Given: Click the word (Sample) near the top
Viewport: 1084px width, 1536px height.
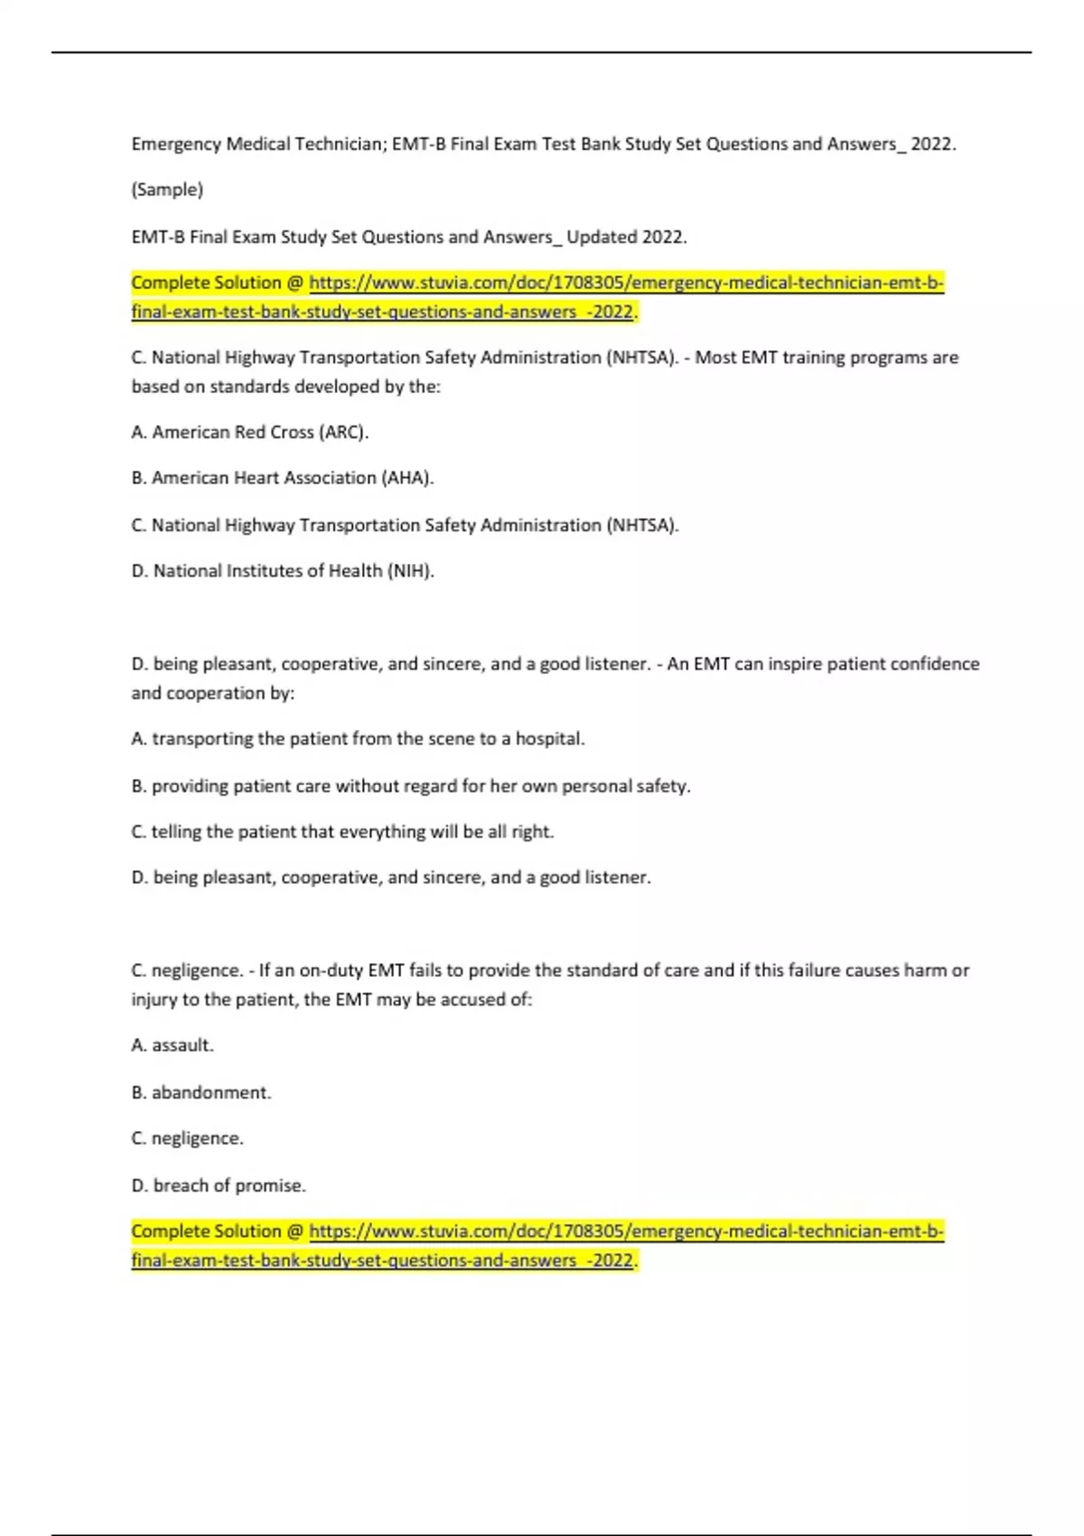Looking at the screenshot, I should tap(167, 190).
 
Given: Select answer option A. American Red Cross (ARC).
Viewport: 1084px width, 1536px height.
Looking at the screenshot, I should tap(250, 432).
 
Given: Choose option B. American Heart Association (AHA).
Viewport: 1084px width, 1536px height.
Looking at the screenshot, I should tap(283, 478).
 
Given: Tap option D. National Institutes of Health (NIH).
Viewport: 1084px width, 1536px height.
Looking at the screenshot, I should tap(283, 571).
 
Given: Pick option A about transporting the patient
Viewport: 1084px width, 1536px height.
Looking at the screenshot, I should tap(358, 739).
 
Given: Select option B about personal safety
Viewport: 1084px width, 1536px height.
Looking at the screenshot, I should tap(411, 786).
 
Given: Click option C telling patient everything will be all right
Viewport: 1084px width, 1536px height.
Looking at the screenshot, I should tap(342, 832).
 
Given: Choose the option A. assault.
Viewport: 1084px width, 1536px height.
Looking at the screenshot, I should tap(173, 1045).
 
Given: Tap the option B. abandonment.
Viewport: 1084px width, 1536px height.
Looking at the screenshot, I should tap(201, 1092).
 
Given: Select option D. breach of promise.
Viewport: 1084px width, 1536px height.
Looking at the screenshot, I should tap(219, 1185).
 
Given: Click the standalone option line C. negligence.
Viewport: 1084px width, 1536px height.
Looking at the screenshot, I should tap(188, 1138).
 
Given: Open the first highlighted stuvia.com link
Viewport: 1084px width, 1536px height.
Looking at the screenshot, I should tap(626, 284).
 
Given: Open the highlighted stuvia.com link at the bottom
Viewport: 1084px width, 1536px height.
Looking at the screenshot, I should tap(626, 1232).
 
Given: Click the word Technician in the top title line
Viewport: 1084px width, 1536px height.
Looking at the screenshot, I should tap(336, 144).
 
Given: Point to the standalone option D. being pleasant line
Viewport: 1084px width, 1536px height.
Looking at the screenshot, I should tap(391, 877).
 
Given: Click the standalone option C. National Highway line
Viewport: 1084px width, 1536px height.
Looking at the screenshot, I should tap(406, 525).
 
